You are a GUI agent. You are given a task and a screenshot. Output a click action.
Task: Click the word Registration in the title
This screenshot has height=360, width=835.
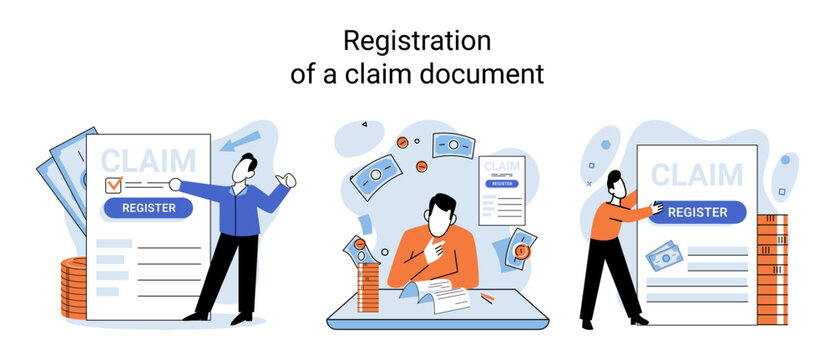click(417, 41)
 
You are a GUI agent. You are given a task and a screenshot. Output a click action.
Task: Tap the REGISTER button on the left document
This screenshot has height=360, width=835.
click(148, 208)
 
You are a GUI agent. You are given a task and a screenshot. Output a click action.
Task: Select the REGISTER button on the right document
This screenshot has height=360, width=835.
click(697, 212)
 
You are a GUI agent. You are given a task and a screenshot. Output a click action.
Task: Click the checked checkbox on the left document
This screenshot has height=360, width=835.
click(114, 184)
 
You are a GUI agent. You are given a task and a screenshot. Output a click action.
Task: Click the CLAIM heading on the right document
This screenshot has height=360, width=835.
click(697, 175)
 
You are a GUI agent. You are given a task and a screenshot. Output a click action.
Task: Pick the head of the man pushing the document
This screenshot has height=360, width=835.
click(617, 181)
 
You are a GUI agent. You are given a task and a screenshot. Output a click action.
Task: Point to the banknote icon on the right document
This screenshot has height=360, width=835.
click(664, 259)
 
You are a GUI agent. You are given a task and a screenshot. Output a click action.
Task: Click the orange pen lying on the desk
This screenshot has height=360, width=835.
click(487, 297)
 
